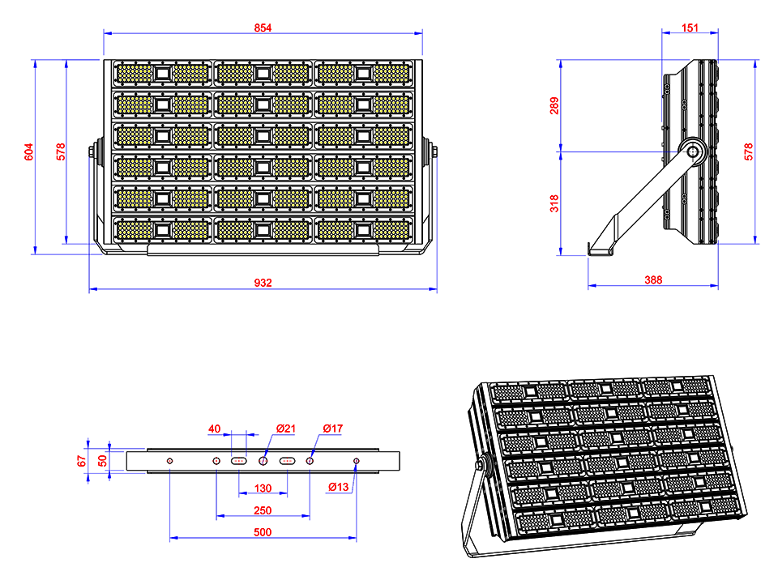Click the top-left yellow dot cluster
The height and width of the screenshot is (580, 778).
click(x=135, y=74)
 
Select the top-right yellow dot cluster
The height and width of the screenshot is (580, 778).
click(x=391, y=74)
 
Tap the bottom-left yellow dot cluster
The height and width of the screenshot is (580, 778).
click(x=135, y=230)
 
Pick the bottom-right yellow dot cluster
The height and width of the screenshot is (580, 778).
click(x=391, y=230)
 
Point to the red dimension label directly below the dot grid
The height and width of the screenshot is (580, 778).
click(x=263, y=280)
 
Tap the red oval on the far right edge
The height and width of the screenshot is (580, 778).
click(x=742, y=151)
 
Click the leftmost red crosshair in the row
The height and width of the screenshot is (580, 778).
click(x=169, y=461)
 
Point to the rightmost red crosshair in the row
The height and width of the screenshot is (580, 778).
click(x=355, y=461)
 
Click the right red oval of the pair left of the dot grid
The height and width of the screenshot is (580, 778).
click(x=55, y=152)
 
